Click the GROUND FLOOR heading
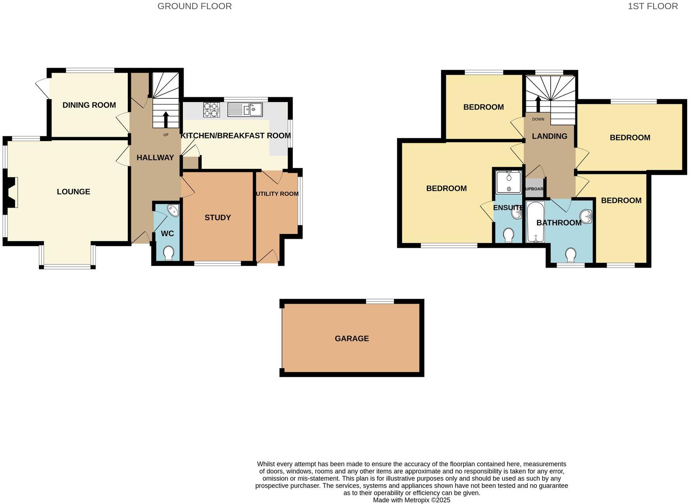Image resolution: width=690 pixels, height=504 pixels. (x=195, y=6)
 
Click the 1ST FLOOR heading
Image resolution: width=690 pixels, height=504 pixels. (x=653, y=6)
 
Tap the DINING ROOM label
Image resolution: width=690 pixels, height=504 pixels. (x=89, y=105)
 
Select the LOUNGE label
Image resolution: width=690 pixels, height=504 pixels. (x=74, y=192)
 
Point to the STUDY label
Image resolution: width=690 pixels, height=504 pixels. (x=218, y=217)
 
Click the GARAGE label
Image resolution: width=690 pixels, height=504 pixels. (x=352, y=338)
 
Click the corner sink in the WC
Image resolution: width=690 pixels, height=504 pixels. (x=173, y=210)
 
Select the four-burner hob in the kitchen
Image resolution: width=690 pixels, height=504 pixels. (x=211, y=109)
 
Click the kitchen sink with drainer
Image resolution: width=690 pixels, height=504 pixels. (x=245, y=109)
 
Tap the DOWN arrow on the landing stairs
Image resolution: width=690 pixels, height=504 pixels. (x=538, y=104)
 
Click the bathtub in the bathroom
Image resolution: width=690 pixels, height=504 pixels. (x=536, y=222)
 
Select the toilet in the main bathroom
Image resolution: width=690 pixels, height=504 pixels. (x=571, y=255)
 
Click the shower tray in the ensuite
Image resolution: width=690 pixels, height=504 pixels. (x=509, y=182)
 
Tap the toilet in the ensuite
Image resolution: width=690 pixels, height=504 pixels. (x=509, y=236)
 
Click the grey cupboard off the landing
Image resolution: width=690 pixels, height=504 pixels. (x=534, y=189)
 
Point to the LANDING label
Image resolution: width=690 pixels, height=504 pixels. (x=550, y=136)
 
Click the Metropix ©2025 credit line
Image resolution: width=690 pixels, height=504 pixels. (x=411, y=500)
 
